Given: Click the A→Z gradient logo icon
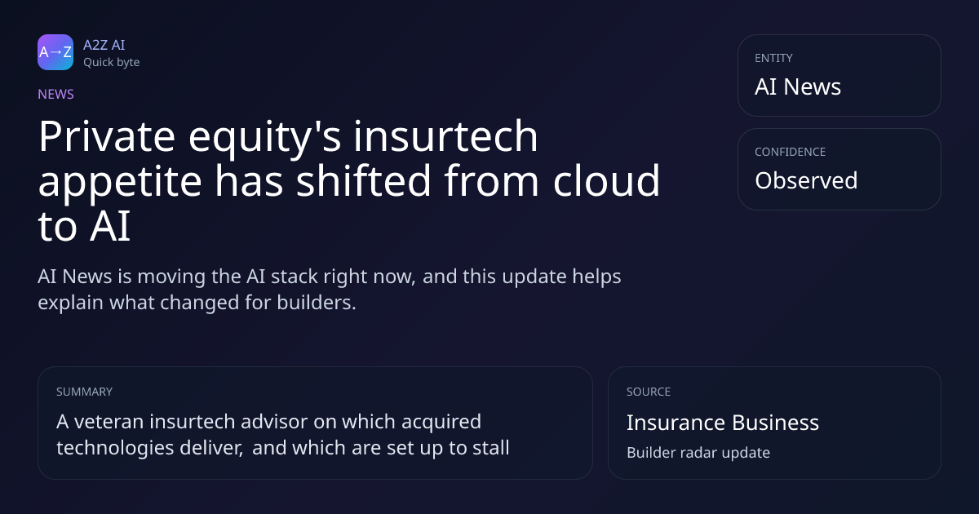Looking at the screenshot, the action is coord(55,52).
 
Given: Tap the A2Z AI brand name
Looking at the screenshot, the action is coord(104,45).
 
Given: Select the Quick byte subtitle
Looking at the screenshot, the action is coord(112,63).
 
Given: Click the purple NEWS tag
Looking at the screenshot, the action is coord(56,94).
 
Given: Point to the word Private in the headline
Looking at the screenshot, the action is coord(107,136).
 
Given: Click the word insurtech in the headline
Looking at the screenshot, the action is coord(445,136).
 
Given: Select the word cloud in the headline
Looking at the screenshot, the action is coord(606,180).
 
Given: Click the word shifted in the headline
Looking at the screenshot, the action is coord(364,180).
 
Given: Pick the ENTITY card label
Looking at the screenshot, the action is coord(773,58).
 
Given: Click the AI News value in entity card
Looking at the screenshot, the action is coord(798,86).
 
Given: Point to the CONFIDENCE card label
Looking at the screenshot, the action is coord(791,152).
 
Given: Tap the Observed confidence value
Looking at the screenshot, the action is coord(806,180).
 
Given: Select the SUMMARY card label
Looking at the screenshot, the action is coord(84,392).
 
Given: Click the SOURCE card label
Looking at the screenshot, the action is coord(649,392).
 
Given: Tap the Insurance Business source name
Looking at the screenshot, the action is coord(723,423).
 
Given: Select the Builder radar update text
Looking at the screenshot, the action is coord(698,453).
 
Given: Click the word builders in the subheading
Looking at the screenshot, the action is coord(317,303).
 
